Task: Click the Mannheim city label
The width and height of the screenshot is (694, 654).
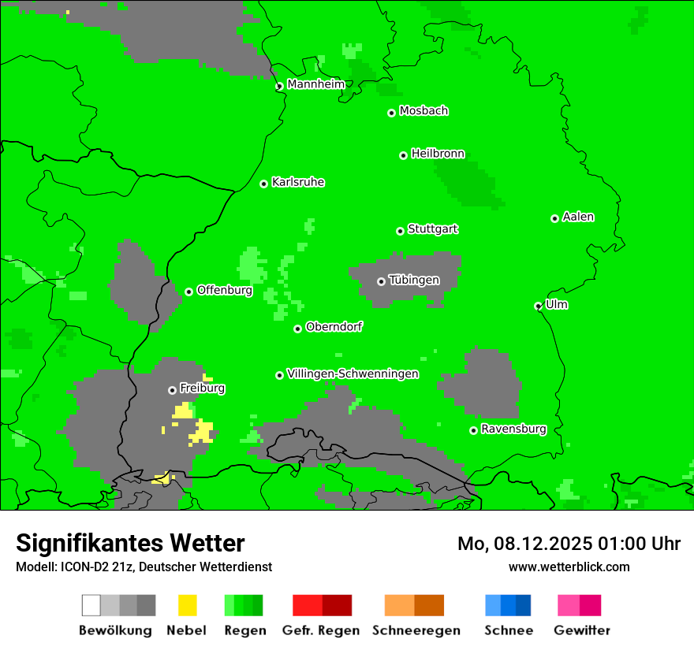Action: pyautogui.click(x=315, y=84)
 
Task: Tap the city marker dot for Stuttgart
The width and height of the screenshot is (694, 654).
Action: pyautogui.click(x=400, y=231)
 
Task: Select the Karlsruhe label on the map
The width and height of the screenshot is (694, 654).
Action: pyautogui.click(x=297, y=182)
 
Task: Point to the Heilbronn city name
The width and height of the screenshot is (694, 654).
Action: pyautogui.click(x=438, y=154)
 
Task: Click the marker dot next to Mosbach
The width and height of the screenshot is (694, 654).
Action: pyautogui.click(x=391, y=113)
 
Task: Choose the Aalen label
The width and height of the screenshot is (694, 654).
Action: pyautogui.click(x=578, y=217)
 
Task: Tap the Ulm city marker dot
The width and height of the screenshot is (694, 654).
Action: pyautogui.click(x=539, y=306)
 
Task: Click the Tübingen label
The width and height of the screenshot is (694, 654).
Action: pyautogui.click(x=414, y=280)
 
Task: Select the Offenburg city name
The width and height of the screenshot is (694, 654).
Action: pyautogui.click(x=224, y=290)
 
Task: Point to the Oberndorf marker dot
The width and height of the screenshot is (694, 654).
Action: pyautogui.click(x=297, y=329)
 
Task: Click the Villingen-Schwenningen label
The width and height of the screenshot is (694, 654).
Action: pyautogui.click(x=353, y=373)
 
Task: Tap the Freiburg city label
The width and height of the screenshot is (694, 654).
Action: pyautogui.click(x=202, y=388)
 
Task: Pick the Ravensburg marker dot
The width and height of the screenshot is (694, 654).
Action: pyautogui.click(x=473, y=430)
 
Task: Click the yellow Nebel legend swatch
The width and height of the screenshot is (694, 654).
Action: pyautogui.click(x=187, y=605)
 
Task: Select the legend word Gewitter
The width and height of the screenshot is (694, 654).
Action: pyautogui.click(x=582, y=630)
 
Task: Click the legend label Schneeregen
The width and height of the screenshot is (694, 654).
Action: pyautogui.click(x=416, y=630)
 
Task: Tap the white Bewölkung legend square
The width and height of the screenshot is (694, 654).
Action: pyautogui.click(x=91, y=605)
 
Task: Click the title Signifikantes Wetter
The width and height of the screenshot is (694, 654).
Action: pyautogui.click(x=130, y=543)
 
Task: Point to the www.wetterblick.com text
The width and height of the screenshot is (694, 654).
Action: pyautogui.click(x=569, y=567)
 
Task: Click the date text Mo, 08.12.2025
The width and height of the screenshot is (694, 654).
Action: pyautogui.click(x=525, y=544)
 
